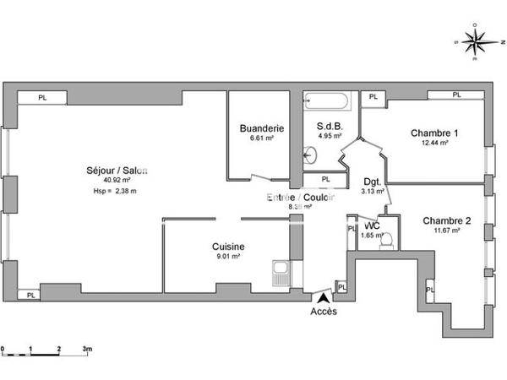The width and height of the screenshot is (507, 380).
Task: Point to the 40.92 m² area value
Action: [x=116, y=180]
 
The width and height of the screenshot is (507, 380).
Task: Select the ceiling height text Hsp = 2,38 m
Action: [x=115, y=191]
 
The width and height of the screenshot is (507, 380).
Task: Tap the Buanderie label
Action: [x=261, y=128]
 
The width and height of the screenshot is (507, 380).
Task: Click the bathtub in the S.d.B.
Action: [x=325, y=103]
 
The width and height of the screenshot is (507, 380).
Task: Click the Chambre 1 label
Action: [x=434, y=133]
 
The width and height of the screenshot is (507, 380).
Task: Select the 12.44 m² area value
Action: [x=434, y=143]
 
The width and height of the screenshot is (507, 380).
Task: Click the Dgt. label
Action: [x=373, y=182]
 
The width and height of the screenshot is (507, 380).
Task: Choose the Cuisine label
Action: [x=228, y=247]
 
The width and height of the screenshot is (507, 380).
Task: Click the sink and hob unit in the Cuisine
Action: [x=281, y=273]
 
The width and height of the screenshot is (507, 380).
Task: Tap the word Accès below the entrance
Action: [x=323, y=311]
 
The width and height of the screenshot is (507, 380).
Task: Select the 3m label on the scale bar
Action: [x=86, y=347]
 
